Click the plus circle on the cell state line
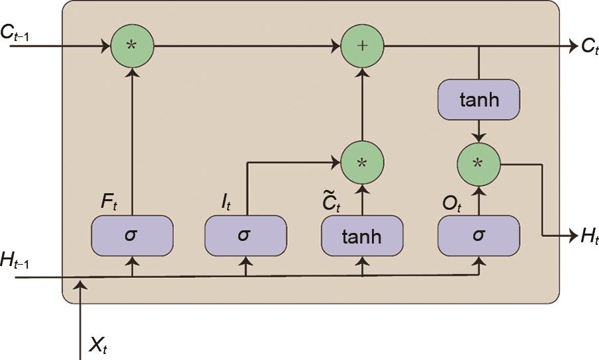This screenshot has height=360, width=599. [362, 47]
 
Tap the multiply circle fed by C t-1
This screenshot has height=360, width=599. [132, 47]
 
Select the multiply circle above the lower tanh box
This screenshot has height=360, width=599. [362, 162]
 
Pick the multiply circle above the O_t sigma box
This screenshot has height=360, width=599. [479, 162]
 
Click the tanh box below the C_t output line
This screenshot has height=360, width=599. [479, 100]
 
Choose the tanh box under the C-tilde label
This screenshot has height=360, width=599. [362, 236]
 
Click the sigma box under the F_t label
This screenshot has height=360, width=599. [132, 236]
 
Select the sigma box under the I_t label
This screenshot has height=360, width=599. [246, 236]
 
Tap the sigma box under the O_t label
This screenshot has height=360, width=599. [479, 236]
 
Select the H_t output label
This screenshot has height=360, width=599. [588, 236]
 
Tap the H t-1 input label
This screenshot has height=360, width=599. [17, 261]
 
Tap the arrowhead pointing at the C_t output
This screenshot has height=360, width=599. [570, 47]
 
